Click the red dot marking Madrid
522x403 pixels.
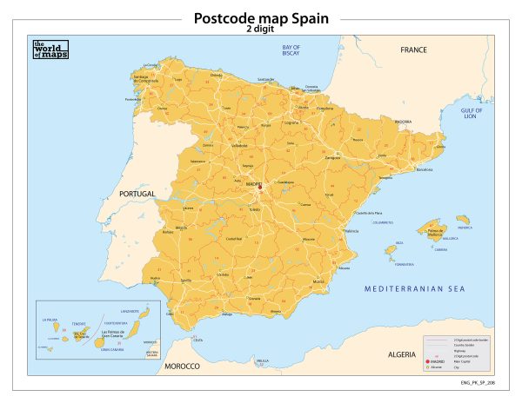point(258,186)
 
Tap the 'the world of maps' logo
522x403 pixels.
point(50,50)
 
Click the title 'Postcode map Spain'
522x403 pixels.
point(260,18)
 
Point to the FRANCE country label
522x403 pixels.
point(414,50)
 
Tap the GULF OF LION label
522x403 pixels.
point(471,115)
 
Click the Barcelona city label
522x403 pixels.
point(425,170)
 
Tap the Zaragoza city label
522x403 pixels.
point(356,158)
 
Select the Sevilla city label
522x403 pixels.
point(186,281)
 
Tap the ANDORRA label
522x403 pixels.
point(403,122)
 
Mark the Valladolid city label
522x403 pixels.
point(238,145)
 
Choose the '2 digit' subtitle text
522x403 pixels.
point(260,29)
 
